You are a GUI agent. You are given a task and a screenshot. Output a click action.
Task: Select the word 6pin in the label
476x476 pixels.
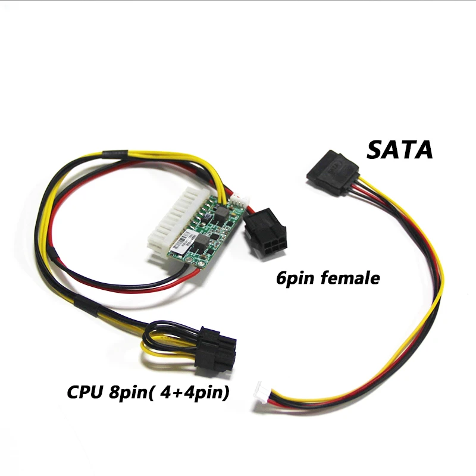(296, 278)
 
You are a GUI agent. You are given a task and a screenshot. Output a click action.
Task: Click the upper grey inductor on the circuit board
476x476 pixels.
(224, 212)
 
